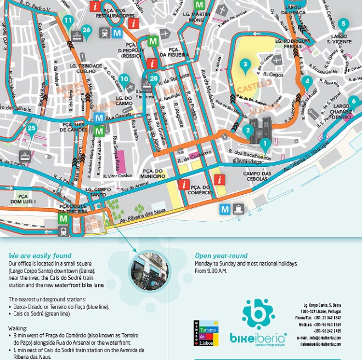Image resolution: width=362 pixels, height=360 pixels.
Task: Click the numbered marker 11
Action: [x=68, y=21]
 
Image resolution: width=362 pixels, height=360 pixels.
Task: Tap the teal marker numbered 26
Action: [x=86, y=30]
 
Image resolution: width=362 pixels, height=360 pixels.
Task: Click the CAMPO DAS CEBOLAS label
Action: [x=258, y=177]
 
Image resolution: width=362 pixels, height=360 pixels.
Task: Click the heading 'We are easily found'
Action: [x=40, y=256]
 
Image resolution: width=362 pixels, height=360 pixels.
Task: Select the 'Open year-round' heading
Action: [x=221, y=256]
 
